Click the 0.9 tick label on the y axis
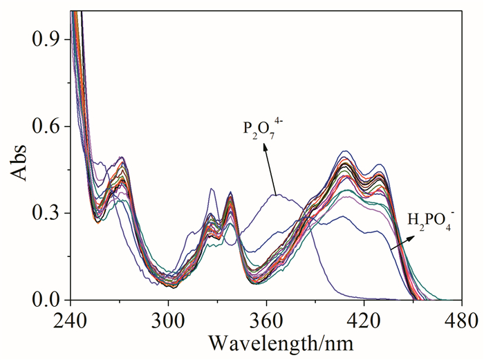click(49, 39)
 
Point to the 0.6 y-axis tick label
click(49, 126)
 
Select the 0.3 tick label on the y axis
click(49, 214)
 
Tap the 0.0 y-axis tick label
click(49, 301)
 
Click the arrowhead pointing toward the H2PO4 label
click(404, 239)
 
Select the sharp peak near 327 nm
click(212, 189)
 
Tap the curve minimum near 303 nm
click(174, 286)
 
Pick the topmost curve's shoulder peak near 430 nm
click(380, 164)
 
